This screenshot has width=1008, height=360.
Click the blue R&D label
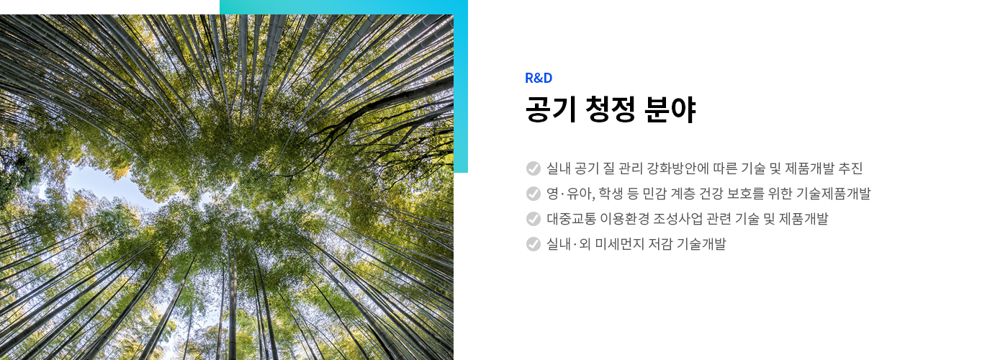pos(539,78)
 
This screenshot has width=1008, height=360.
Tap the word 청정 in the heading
pos(610,109)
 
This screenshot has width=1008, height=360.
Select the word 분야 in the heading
pos(670,109)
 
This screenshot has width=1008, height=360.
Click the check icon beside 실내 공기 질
pos(534,168)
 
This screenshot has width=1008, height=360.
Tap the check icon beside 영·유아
pos(534,194)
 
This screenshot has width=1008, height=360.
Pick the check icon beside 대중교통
pos(534,219)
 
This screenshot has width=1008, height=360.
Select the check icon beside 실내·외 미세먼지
pos(534,244)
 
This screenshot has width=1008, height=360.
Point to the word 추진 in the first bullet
pos(850,168)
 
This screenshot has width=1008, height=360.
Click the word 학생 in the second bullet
pos(611,194)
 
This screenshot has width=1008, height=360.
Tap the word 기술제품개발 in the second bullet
pos(834,194)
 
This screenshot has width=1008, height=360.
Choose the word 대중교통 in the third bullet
pos(572,219)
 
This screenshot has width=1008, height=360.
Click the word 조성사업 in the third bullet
pos(678,219)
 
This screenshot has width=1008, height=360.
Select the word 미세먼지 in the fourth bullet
pos(620,244)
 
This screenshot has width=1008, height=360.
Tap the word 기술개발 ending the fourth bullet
pos(701,244)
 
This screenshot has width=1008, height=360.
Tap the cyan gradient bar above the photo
pos(344,7)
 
